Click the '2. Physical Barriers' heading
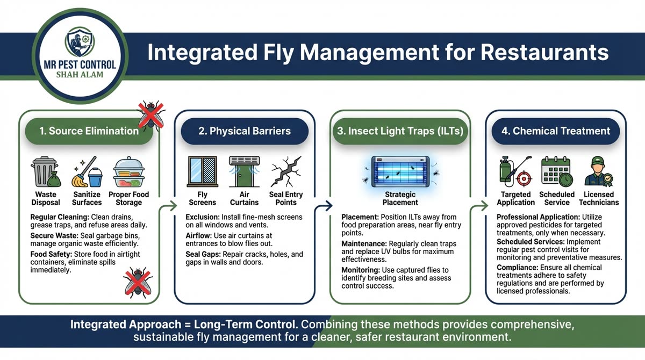click(x=245, y=131)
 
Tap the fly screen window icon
click(x=203, y=171)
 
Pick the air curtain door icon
click(x=244, y=171)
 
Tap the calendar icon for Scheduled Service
click(x=556, y=171)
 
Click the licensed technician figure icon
click(x=598, y=171)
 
